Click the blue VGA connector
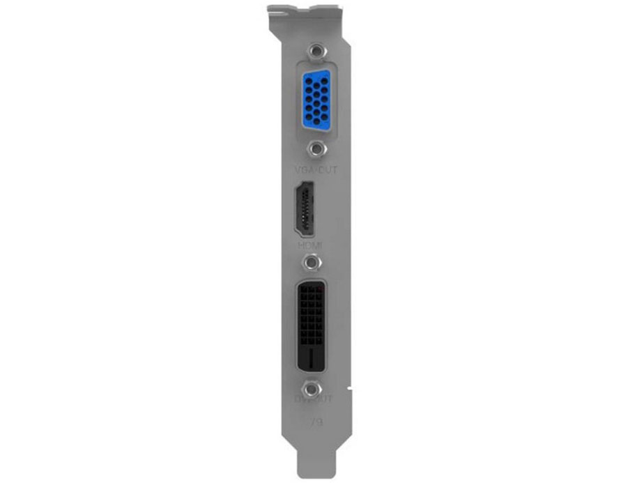pyautogui.click(x=318, y=100)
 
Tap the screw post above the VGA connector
pyautogui.click(x=318, y=52)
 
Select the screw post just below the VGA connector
pyautogui.click(x=318, y=148)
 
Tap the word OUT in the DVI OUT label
pyautogui.click(x=324, y=399)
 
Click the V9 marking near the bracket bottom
pyautogui.click(x=316, y=422)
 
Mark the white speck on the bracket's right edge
pyautogui.click(x=350, y=385)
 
